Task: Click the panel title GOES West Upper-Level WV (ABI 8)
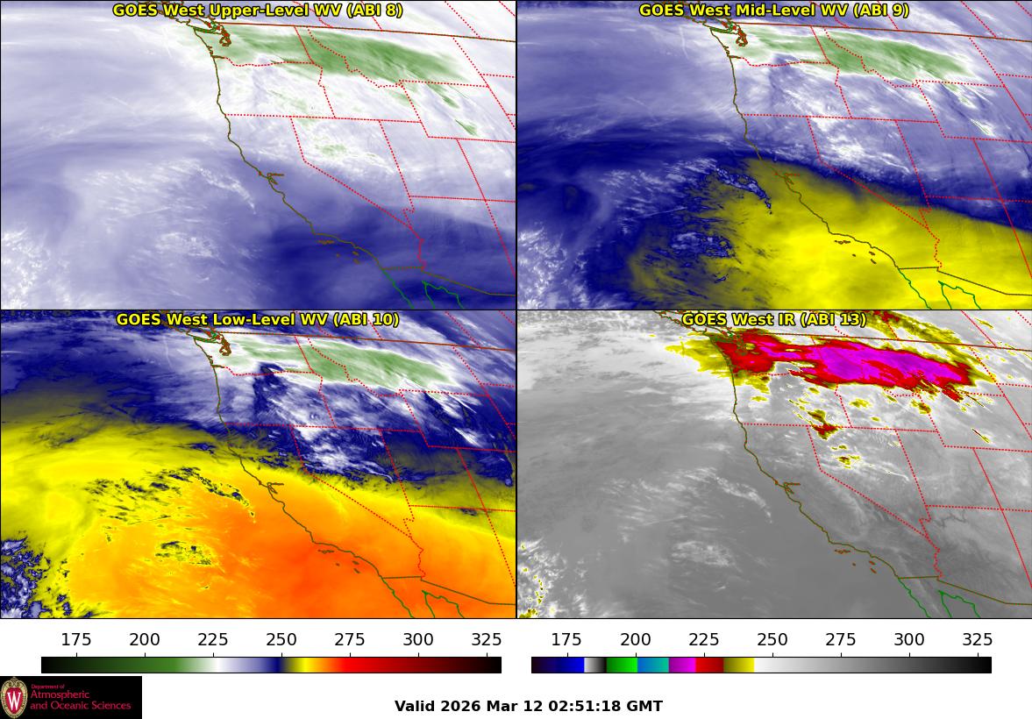pos(257,11)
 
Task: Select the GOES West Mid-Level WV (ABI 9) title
pos(773,11)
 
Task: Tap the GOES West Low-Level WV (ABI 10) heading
pos(257,320)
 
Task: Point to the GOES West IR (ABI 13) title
pos(773,320)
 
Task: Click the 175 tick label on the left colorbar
pos(77,639)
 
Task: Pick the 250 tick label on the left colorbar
pos(281,639)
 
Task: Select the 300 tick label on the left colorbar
pos(418,639)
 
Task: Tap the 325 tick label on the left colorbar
pos(487,639)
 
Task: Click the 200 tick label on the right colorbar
pos(635,639)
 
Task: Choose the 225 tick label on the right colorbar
pos(703,639)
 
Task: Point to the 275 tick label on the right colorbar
pos(840,639)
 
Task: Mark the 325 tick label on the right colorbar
pos(977,639)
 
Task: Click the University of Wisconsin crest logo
pos(14,698)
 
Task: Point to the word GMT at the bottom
pos(645,706)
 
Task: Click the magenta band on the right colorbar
pos(682,665)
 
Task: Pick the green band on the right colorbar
pos(622,665)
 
